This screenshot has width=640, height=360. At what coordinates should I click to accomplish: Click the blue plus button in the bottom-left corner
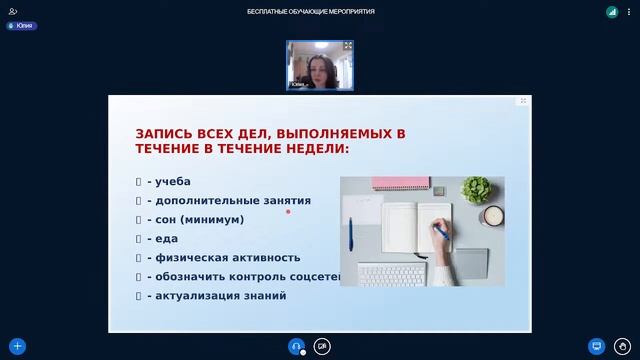(x=17, y=346)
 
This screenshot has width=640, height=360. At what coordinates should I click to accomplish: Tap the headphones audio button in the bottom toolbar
(x=296, y=346)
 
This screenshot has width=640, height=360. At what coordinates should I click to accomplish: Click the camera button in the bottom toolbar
(x=322, y=346)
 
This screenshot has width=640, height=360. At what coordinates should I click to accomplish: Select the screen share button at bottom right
(x=597, y=346)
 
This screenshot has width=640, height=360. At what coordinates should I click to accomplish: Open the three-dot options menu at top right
(x=628, y=11)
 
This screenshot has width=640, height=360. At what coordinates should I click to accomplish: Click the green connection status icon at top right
(x=611, y=12)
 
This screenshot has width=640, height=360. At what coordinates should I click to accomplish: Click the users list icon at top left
(x=13, y=11)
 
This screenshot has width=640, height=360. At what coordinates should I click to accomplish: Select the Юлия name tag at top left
(x=21, y=26)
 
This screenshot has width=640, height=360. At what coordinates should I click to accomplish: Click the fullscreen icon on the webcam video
(x=348, y=46)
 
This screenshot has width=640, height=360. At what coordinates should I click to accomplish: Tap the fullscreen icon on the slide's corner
(x=523, y=101)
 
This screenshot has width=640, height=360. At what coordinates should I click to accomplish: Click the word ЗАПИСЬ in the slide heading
(x=164, y=132)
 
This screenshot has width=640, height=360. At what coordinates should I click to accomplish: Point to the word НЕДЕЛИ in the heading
(x=321, y=148)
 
